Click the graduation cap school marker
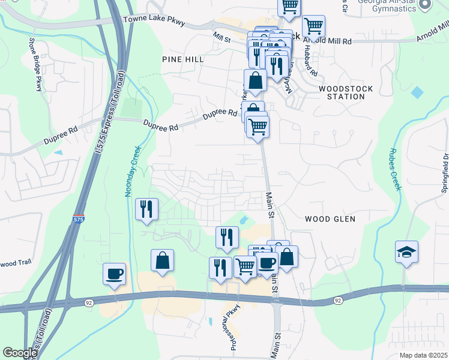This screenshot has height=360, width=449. (x=406, y=252)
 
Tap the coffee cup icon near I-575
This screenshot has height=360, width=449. (x=114, y=274)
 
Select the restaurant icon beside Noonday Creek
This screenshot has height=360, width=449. (x=147, y=209)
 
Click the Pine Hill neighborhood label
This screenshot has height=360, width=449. (x=183, y=59)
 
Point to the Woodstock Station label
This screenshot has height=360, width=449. (x=345, y=92)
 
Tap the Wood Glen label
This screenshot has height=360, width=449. (x=330, y=219)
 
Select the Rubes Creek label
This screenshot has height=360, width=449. (x=394, y=170)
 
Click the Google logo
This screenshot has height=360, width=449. (x=20, y=353)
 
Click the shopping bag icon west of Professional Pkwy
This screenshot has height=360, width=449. (x=162, y=260)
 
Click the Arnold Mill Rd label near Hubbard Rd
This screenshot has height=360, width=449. (x=327, y=41)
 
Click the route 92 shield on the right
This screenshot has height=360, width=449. (x=339, y=299)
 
